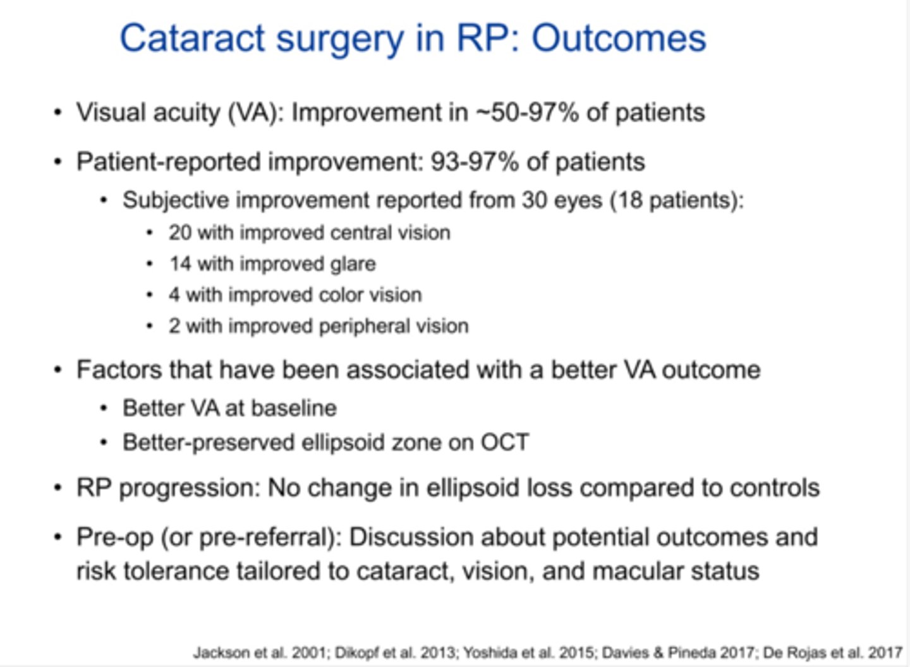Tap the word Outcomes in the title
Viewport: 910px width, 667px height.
[x=619, y=39]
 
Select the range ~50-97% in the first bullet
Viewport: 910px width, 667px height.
[x=526, y=112]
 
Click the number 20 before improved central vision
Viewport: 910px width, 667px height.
[x=179, y=232]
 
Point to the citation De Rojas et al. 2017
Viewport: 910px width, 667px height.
[x=832, y=652]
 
